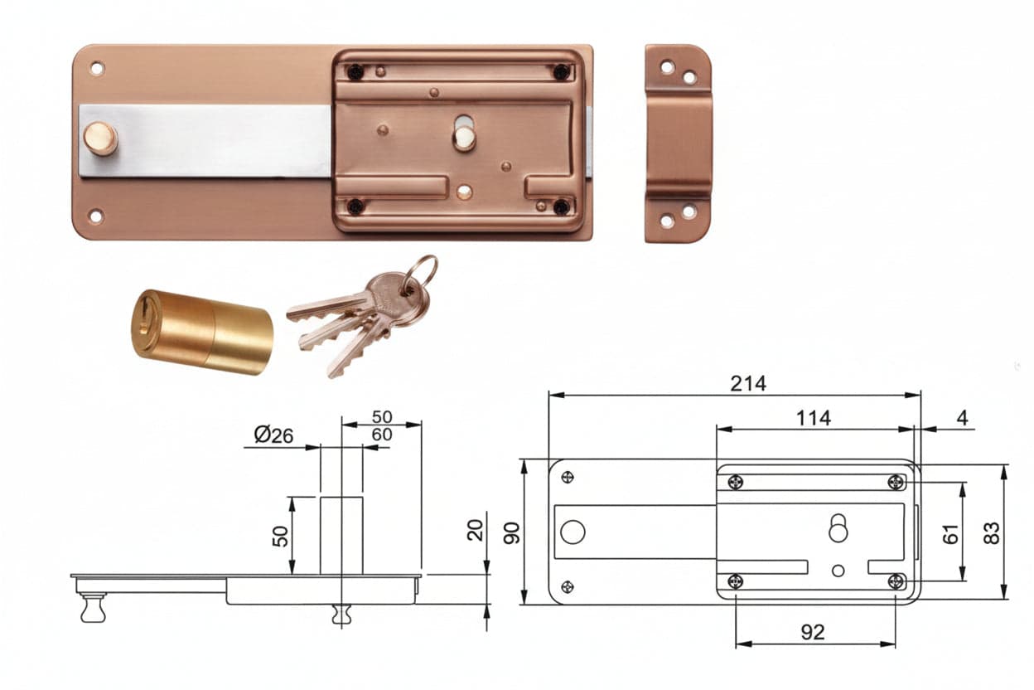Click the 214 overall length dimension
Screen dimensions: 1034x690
coord(748,384)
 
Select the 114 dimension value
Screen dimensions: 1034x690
coord(814,418)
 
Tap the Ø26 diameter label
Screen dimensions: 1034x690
coord(273,435)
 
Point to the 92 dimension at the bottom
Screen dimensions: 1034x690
coord(813,632)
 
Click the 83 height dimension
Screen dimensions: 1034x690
coord(992,533)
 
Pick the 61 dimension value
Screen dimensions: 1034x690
coord(950,534)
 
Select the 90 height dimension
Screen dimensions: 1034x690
coord(511,533)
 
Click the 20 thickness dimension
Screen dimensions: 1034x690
coord(475,530)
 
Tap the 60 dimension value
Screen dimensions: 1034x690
coord(382,435)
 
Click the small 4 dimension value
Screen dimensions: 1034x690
coord(962,418)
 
